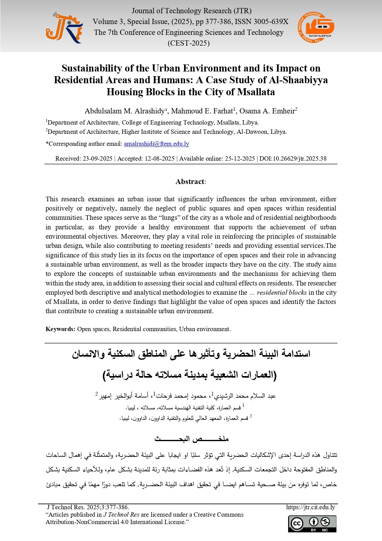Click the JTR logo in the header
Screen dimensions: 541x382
coord(64,28)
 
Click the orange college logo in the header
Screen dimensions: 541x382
coord(316,27)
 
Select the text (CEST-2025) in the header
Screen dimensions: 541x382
coord(188,43)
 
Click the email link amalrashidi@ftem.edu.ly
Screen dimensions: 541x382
coord(156,144)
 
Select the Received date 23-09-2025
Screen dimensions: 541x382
coord(97,158)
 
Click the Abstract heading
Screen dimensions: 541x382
coord(190,182)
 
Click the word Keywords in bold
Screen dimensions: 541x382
coord(60,329)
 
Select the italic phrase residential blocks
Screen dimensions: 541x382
coord(282,293)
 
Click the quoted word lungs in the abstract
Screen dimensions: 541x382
coord(169,218)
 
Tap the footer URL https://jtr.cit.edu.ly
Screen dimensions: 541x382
coord(310,507)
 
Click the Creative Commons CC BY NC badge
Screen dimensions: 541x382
coord(312,524)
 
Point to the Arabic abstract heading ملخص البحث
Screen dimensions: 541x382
coord(191,439)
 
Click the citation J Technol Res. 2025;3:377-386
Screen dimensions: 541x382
coord(88,507)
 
